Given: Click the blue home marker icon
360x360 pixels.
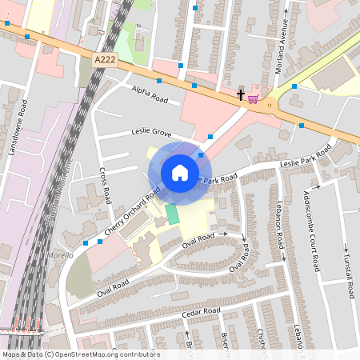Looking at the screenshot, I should [x=180, y=173].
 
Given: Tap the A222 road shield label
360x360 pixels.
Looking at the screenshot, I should [x=104, y=59].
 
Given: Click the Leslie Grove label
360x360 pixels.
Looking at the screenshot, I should [x=152, y=131].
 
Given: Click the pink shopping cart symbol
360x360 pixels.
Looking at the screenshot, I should [x=254, y=98].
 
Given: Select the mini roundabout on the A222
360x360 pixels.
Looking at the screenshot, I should [x=271, y=104].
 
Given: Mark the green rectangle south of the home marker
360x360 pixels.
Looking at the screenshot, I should [x=172, y=214].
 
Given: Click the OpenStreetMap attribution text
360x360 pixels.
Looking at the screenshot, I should [x=81, y=354].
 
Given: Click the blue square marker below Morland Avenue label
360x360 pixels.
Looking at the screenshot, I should [x=294, y=86].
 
